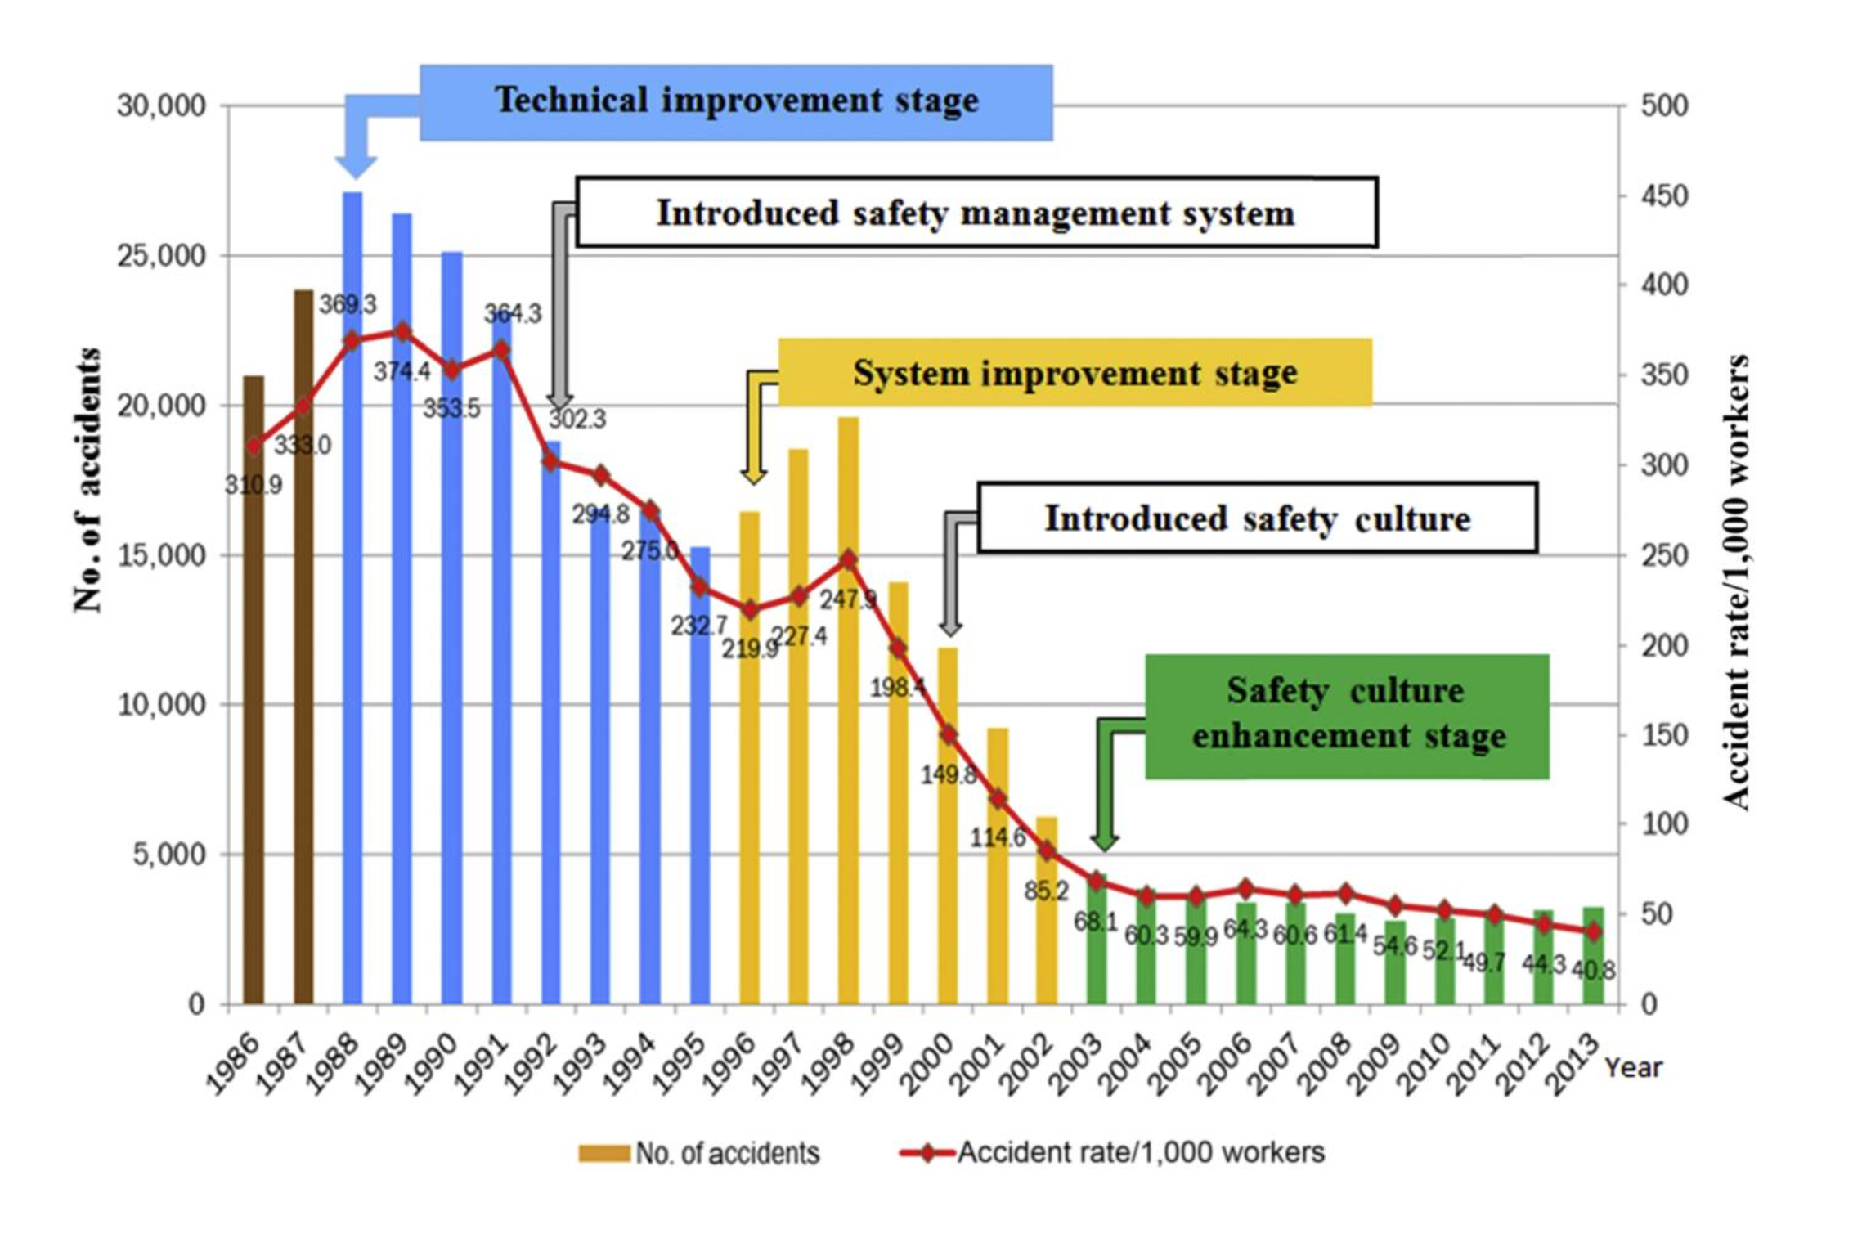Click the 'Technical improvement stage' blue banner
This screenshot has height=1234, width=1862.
736,102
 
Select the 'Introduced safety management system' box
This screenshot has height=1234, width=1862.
976,213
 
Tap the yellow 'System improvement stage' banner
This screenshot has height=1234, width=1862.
1075,373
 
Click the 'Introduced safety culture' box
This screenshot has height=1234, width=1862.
1257,518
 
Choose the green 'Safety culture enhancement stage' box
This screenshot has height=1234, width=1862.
1347,715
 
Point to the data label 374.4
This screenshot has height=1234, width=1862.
402,372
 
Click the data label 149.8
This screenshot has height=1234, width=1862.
948,774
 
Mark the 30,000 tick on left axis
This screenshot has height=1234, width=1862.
161,106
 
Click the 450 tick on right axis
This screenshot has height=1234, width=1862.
1664,196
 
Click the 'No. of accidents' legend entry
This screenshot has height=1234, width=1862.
700,1153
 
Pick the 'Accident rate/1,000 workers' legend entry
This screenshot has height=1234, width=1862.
1112,1152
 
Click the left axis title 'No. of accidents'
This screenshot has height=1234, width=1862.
87,480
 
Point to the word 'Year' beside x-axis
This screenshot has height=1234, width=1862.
1633,1067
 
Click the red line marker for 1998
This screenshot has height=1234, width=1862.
848,560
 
